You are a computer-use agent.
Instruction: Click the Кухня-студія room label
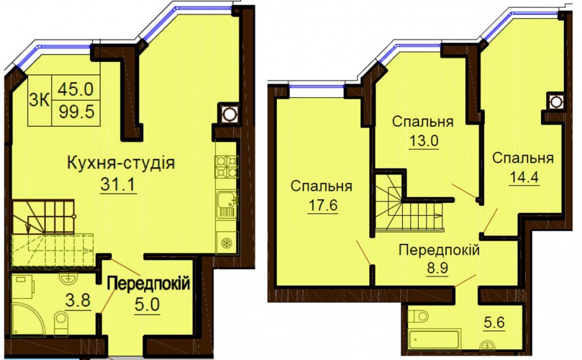tap(121, 163)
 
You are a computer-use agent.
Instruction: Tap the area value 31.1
tap(119, 184)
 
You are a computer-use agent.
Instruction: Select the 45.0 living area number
tap(76, 89)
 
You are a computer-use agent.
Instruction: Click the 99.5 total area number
tap(76, 111)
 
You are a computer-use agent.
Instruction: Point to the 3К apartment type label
tap(39, 100)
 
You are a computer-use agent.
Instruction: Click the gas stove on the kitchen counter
tap(227, 166)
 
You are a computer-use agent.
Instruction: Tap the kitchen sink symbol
tap(226, 204)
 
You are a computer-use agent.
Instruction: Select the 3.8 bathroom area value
tap(78, 300)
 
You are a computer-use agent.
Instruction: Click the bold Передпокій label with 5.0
tap(148, 284)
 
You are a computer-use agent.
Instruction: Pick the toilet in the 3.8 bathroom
tap(60, 322)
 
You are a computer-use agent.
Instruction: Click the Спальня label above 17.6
tap(322, 186)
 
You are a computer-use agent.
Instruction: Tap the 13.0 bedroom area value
tap(424, 140)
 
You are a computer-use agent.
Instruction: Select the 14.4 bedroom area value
tap(524, 177)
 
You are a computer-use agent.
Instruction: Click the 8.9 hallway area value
tap(437, 268)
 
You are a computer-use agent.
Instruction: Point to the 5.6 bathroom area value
tap(494, 323)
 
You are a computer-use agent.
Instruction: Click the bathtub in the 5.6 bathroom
tap(434, 339)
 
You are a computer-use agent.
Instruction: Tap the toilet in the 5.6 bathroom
tap(418, 317)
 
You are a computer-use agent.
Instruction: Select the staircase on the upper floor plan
tap(409, 208)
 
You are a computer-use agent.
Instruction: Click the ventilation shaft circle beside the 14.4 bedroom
tap(555, 102)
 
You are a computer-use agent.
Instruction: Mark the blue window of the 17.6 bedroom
tap(317, 87)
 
